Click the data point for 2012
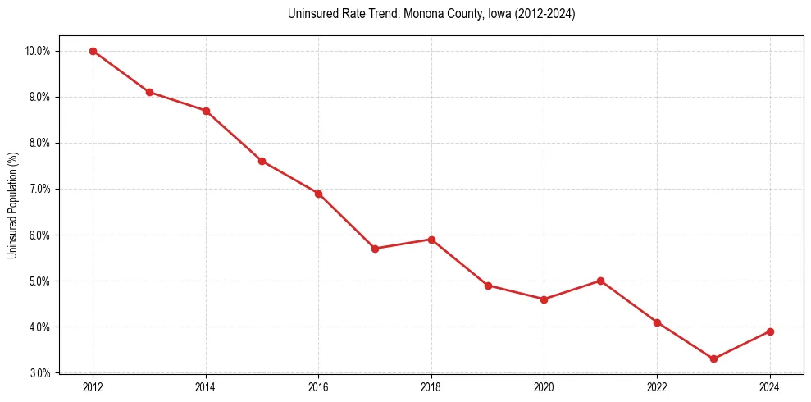point(93,51)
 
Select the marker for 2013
point(149,92)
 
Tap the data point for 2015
point(262,161)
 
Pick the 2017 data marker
point(375,249)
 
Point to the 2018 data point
point(431,240)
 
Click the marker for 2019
point(488,286)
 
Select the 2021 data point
point(600,281)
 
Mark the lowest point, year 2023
point(713,359)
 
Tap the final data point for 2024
point(770,331)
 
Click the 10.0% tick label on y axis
point(38,51)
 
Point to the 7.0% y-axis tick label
point(39,189)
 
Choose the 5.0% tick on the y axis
point(39,281)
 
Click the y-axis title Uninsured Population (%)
point(12,205)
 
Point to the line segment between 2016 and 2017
point(346,222)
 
